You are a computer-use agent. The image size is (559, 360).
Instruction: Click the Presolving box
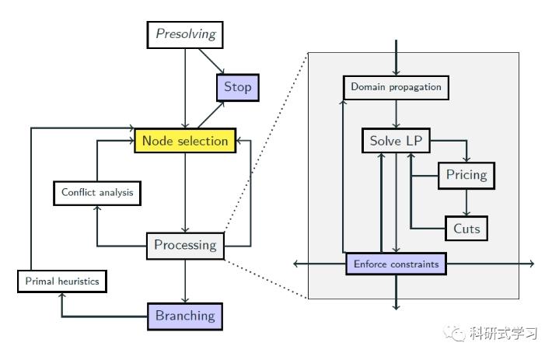[185, 34]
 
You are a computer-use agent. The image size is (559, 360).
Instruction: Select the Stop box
[237, 87]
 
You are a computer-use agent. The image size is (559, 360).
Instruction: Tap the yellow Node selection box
[185, 141]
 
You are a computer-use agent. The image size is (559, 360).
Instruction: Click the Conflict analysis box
[97, 192]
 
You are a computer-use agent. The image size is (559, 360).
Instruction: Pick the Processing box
[185, 246]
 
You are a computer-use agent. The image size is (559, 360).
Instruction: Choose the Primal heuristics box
[61, 281]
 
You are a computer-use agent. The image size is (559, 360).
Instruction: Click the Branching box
[185, 316]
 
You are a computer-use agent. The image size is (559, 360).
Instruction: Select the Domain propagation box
[396, 86]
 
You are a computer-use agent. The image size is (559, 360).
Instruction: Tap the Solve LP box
[396, 141]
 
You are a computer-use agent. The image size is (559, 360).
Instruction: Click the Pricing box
[466, 175]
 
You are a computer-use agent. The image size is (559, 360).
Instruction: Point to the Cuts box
[466, 229]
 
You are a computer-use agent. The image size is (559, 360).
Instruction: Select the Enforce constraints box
[396, 264]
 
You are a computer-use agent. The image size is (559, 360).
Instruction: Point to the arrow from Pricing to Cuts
[466, 201]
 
